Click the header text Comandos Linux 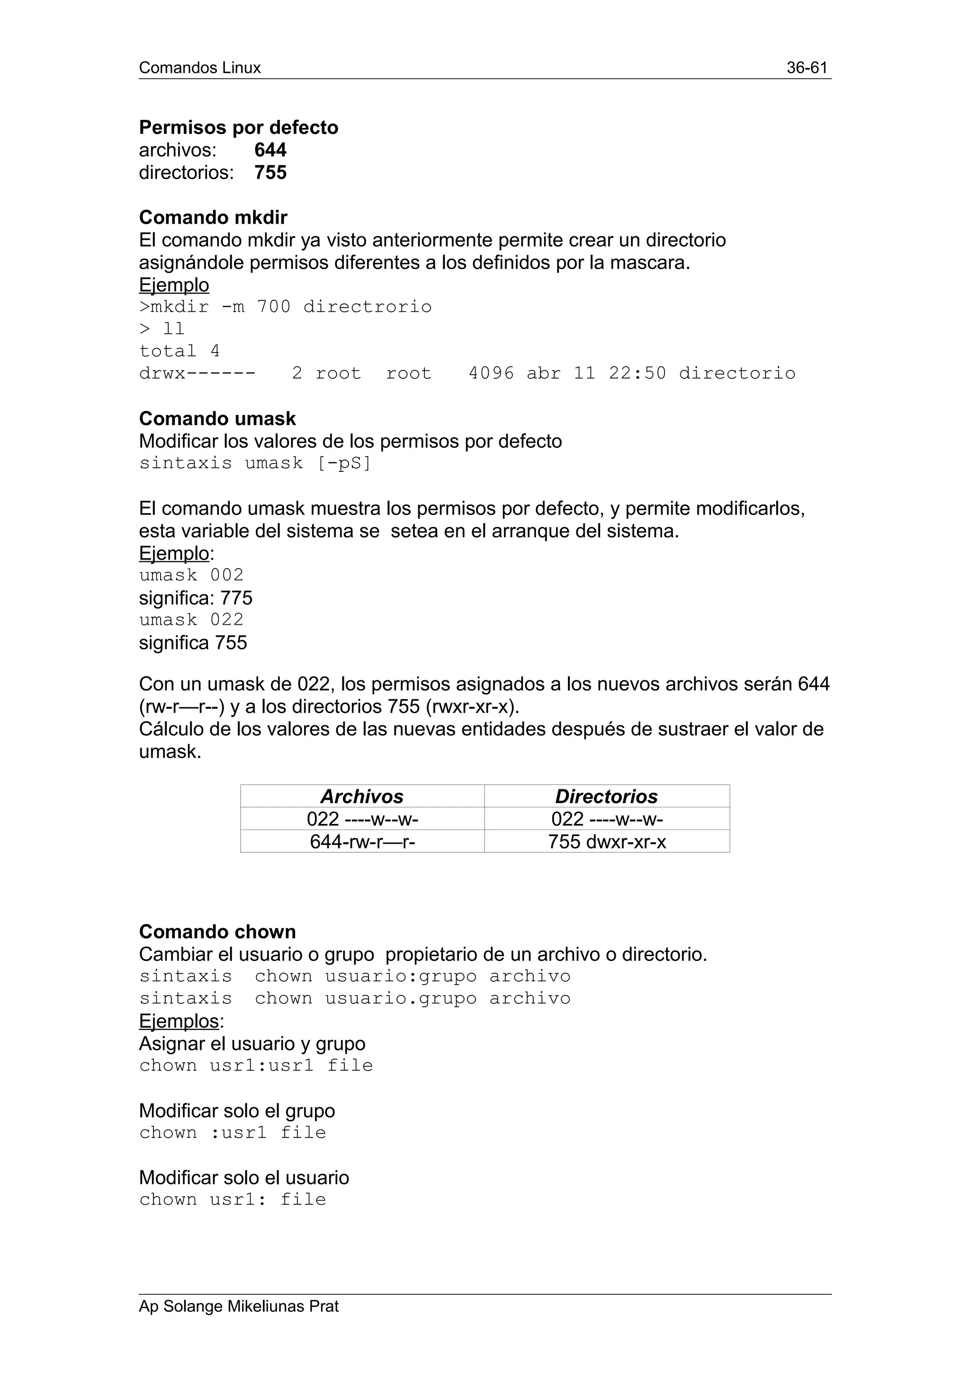pos(199,68)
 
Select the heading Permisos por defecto pos(238,127)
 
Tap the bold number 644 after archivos pos(270,150)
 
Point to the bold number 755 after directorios pos(270,173)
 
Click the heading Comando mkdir pos(213,217)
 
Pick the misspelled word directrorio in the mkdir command pos(367,307)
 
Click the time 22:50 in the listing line pos(637,374)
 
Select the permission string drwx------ pos(197,374)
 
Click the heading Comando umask pos(217,419)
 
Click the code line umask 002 pos(191,575)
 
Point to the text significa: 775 pos(196,598)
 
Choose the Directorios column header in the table pos(606,796)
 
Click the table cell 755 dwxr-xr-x pos(607,842)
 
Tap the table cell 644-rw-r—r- pos(362,842)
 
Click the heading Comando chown pos(217,931)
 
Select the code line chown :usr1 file pos(233,1133)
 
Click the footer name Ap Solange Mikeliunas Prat pos(238,1307)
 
